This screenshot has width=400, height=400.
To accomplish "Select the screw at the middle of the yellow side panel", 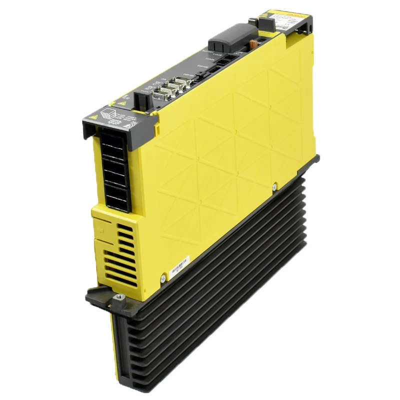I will (274, 187).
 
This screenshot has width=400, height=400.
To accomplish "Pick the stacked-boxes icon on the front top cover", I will (108, 113).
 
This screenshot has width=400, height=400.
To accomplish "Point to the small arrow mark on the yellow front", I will (100, 231).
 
